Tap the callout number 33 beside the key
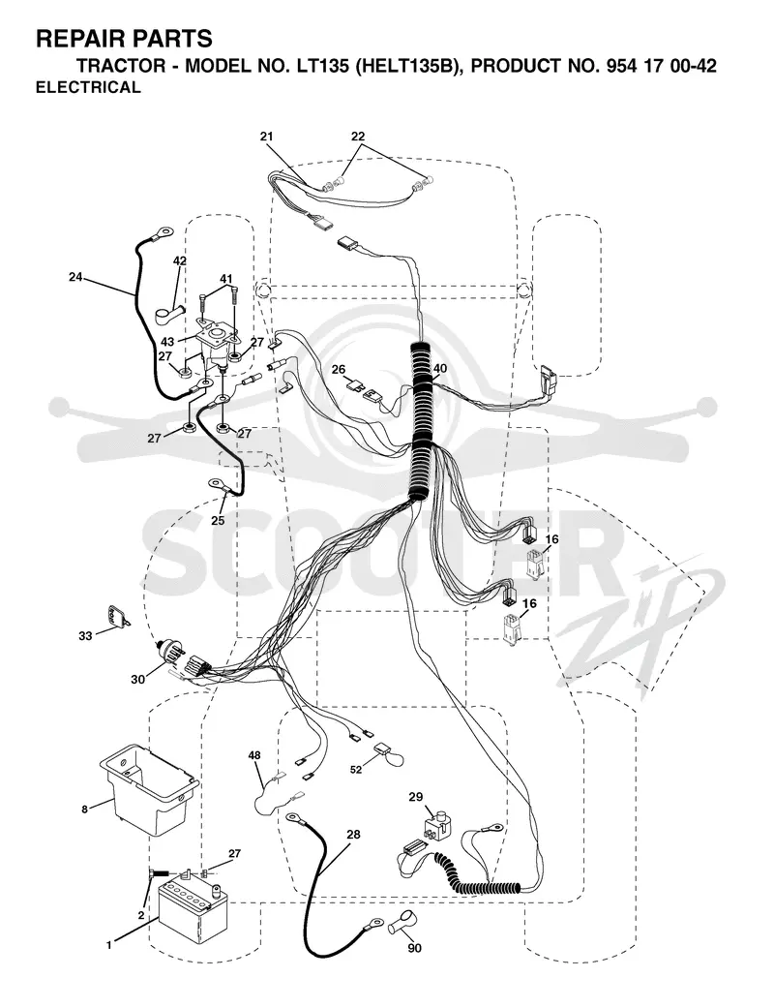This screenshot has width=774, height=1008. point(85,636)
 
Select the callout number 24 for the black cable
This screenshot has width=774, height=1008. point(75,277)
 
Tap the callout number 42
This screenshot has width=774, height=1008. point(180,261)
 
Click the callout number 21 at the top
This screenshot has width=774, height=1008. point(267,137)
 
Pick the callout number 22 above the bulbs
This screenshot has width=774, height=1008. point(358,137)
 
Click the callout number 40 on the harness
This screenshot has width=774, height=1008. point(440,368)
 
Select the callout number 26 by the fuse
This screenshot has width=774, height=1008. point(339,370)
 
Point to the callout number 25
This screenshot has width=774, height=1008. point(218,521)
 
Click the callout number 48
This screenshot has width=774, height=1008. point(254,755)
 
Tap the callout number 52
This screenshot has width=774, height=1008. point(356,770)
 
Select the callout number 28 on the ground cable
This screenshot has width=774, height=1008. point(353,835)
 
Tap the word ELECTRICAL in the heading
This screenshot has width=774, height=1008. point(88,87)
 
